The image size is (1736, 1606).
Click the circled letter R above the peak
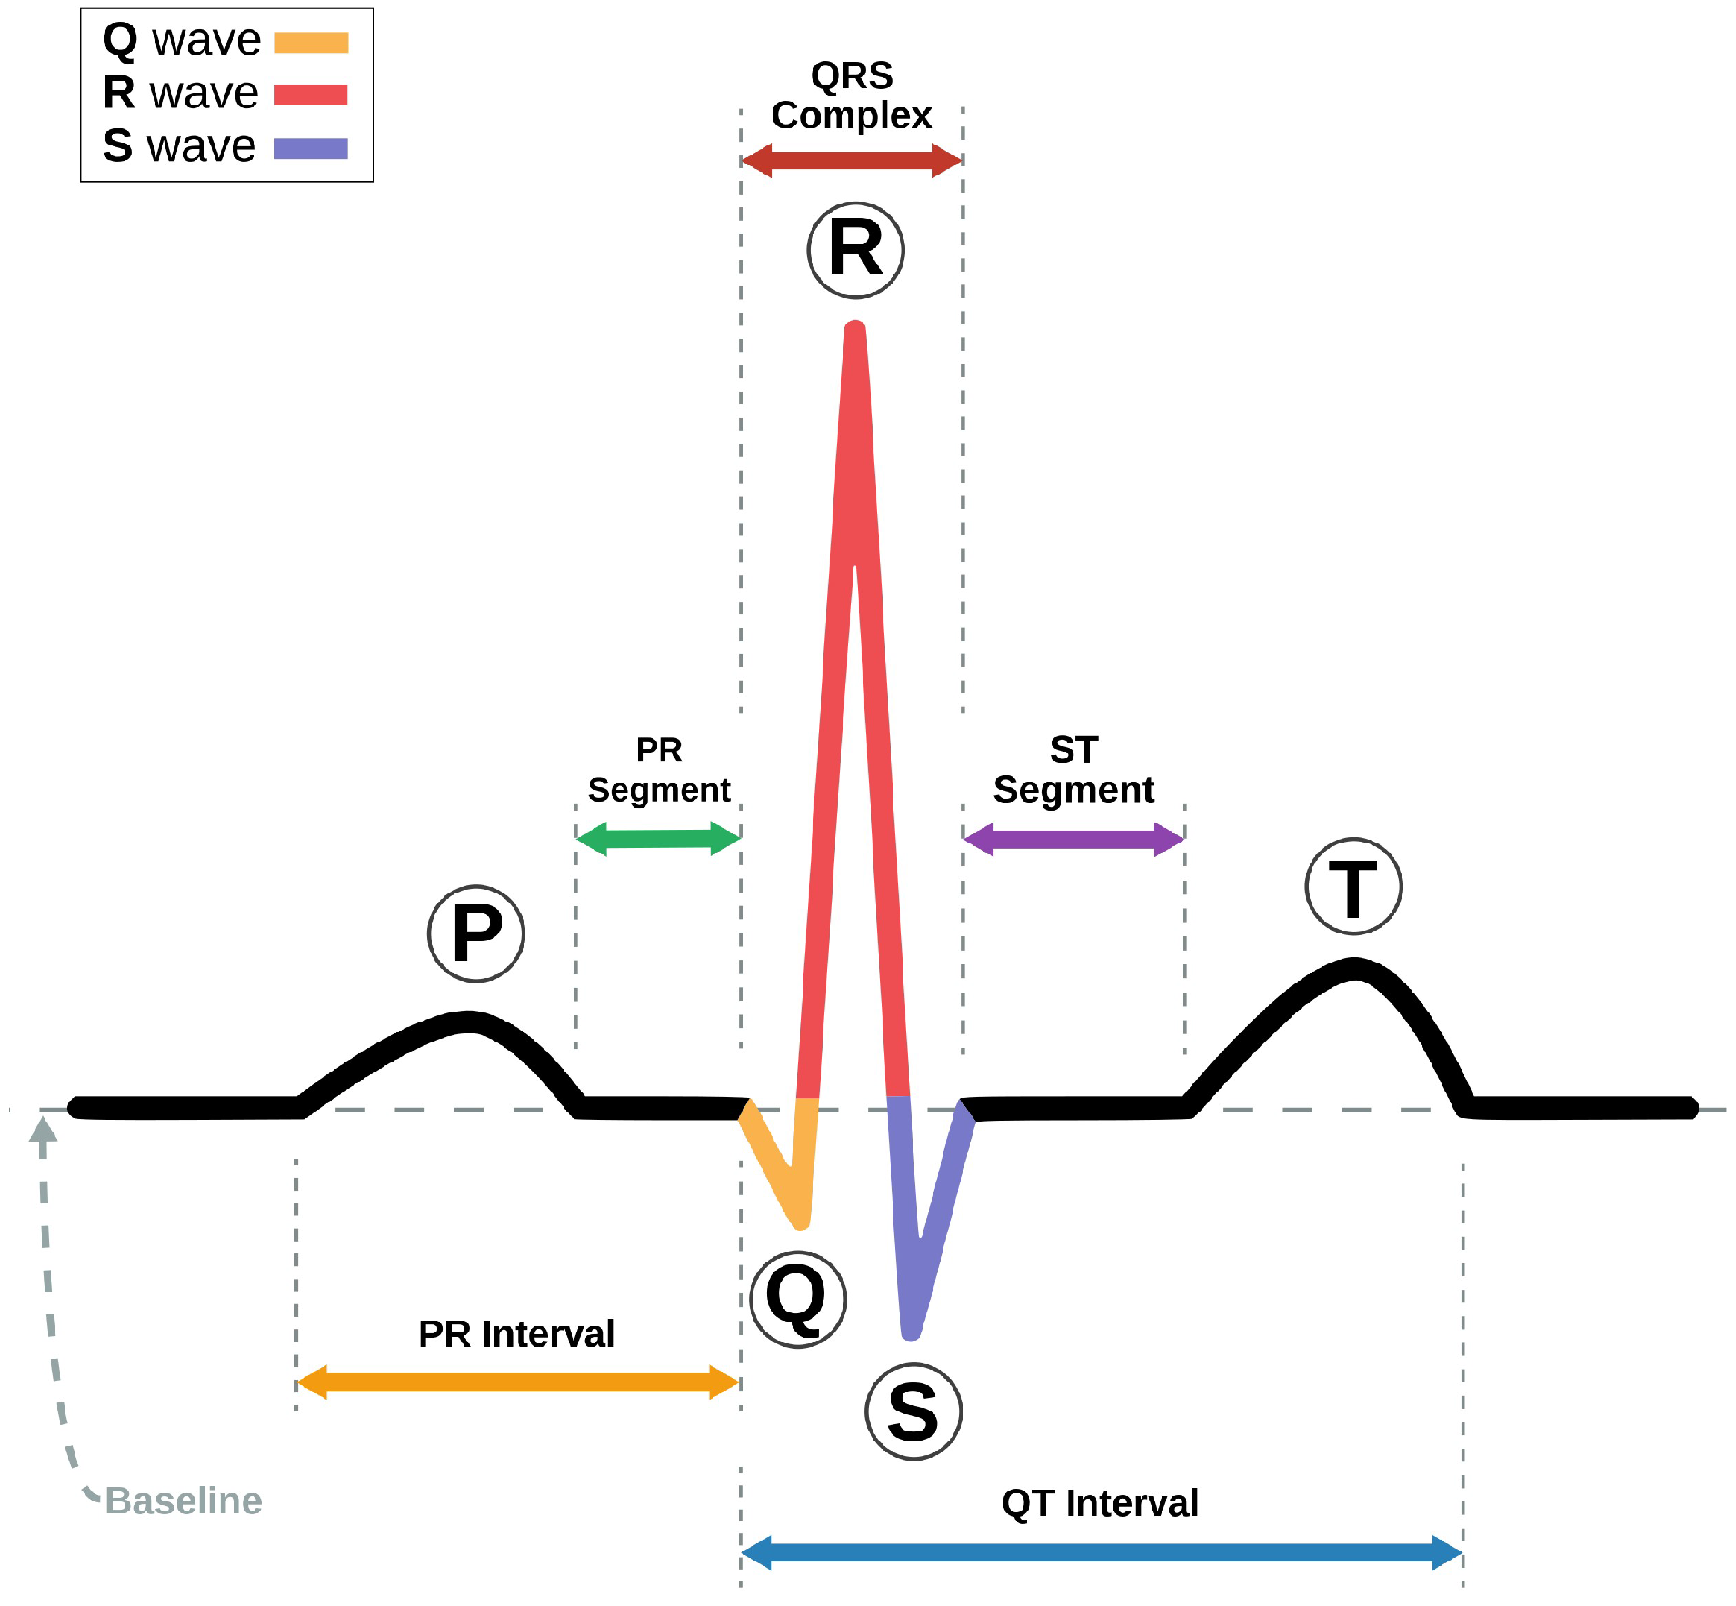pos(855,250)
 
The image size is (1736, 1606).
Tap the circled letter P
pos(476,933)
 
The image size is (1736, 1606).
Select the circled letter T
pos(1353,886)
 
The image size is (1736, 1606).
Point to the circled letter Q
pos(798,1299)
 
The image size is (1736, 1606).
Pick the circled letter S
pos(913,1411)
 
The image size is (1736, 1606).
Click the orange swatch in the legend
pos(312,43)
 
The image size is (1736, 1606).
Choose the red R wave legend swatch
pos(311,95)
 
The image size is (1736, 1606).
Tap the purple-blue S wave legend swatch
pos(311,148)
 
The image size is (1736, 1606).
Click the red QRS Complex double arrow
pos(852,161)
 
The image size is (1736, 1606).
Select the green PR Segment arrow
pos(659,838)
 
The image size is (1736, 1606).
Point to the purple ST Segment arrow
pos(1073,839)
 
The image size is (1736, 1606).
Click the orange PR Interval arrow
pos(517,1382)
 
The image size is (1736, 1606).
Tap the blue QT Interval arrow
pos(1102,1552)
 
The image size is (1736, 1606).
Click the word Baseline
pos(184,1501)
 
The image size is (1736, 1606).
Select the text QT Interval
pos(1100,1503)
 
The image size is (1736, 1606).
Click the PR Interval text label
pos(516,1334)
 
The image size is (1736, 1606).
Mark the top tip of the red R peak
pos(855,327)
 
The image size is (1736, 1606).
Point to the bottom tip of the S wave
pos(911,1332)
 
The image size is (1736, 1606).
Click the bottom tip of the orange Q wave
pos(801,1222)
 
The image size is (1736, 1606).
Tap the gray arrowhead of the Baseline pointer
pos(43,1129)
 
